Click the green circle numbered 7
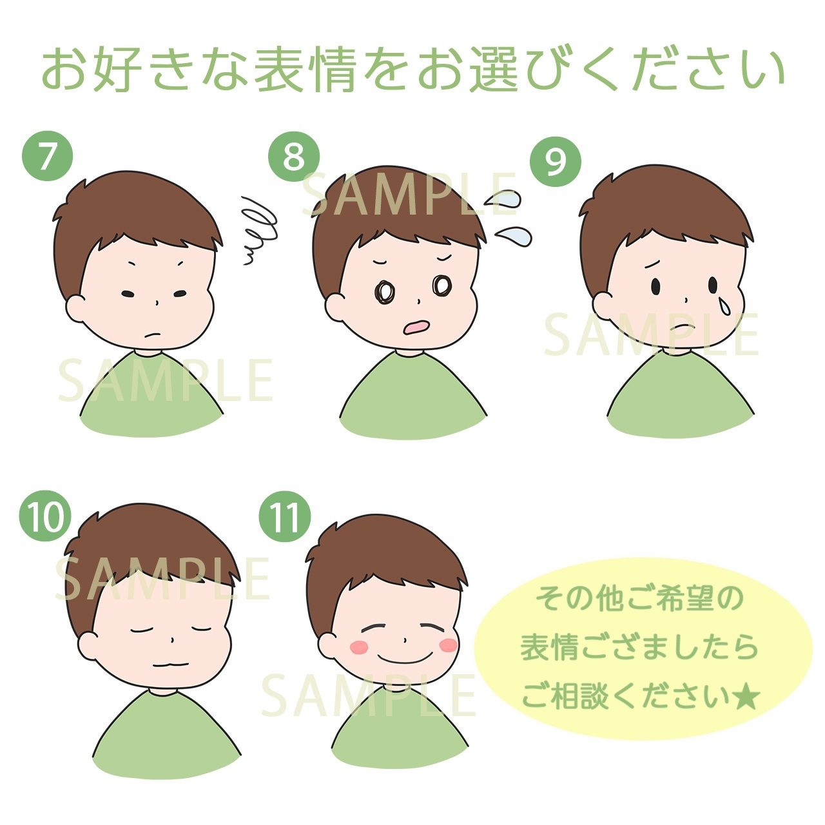point(48,156)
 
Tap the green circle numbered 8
point(294,156)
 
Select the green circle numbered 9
point(556,162)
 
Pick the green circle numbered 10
point(45,516)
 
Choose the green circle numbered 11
point(286,516)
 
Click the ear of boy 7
point(76,309)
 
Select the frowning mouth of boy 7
point(152,335)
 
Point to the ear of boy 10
point(89,648)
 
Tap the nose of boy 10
point(172,640)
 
